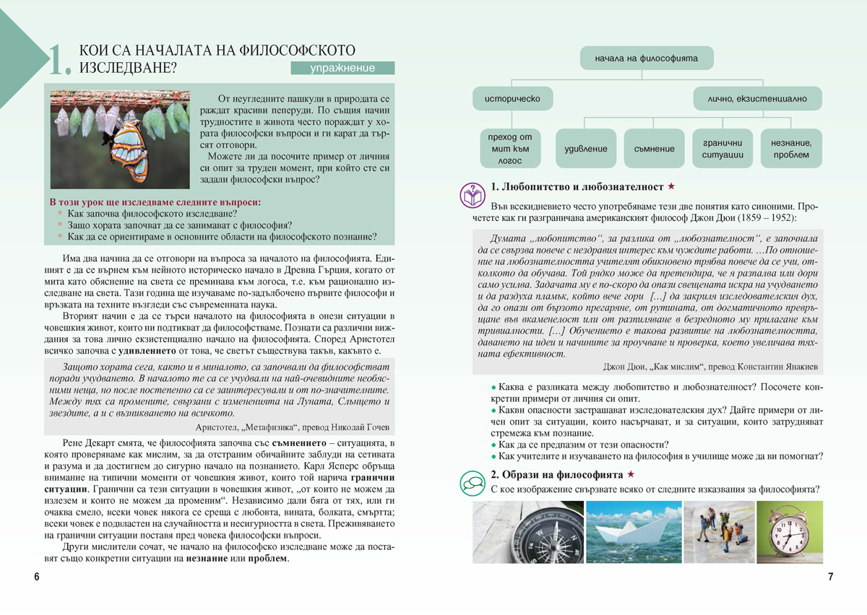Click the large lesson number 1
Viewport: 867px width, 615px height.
click(x=58, y=61)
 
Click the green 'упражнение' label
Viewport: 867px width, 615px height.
click(x=342, y=69)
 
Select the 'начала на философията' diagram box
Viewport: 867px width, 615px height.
click(x=646, y=58)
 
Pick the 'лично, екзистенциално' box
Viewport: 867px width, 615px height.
click(x=757, y=98)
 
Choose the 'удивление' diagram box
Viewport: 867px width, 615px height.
click(x=585, y=149)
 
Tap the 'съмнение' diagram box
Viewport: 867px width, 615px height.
click(x=654, y=149)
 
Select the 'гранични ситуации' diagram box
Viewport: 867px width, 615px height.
click(x=722, y=149)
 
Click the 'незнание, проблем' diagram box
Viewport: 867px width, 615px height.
click(x=790, y=149)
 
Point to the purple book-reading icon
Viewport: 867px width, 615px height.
click(x=472, y=195)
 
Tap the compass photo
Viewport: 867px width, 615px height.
click(x=527, y=533)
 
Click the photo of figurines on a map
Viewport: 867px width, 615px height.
click(x=719, y=533)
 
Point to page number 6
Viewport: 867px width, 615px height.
click(x=37, y=577)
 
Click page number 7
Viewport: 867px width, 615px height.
click(x=830, y=577)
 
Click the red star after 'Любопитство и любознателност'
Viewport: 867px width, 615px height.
click(x=671, y=186)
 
